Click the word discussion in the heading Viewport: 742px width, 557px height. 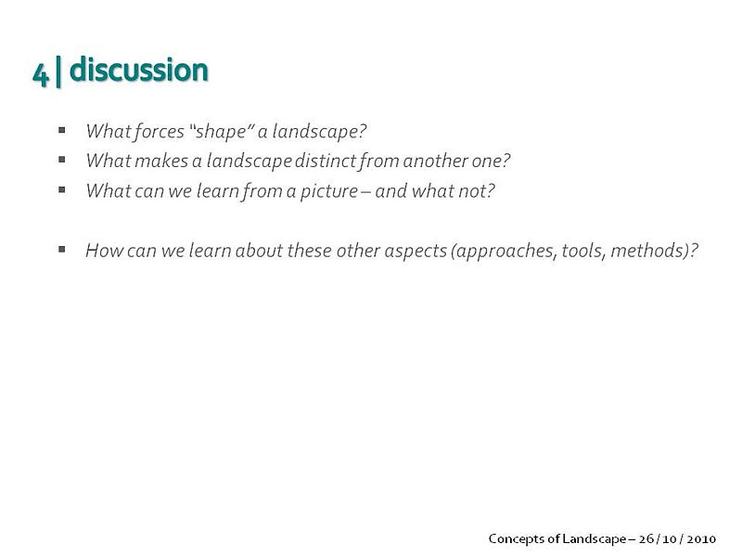pyautogui.click(x=138, y=70)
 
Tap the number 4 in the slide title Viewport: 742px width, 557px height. pyautogui.click(x=41, y=74)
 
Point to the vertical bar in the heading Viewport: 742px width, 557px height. pyautogui.click(x=58, y=71)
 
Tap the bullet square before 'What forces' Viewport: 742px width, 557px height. pyautogui.click(x=62, y=129)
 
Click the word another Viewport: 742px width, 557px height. pyautogui.click(x=435, y=161)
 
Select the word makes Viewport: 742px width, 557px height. pyautogui.click(x=161, y=161)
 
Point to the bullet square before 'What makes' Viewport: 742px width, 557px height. pyautogui.click(x=62, y=159)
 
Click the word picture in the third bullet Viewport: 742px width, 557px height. pyautogui.click(x=329, y=191)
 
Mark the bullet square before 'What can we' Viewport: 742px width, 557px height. pyautogui.click(x=62, y=189)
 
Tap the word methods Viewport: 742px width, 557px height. pyautogui.click(x=648, y=251)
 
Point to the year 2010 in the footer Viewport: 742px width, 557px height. pyautogui.click(x=701, y=539)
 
